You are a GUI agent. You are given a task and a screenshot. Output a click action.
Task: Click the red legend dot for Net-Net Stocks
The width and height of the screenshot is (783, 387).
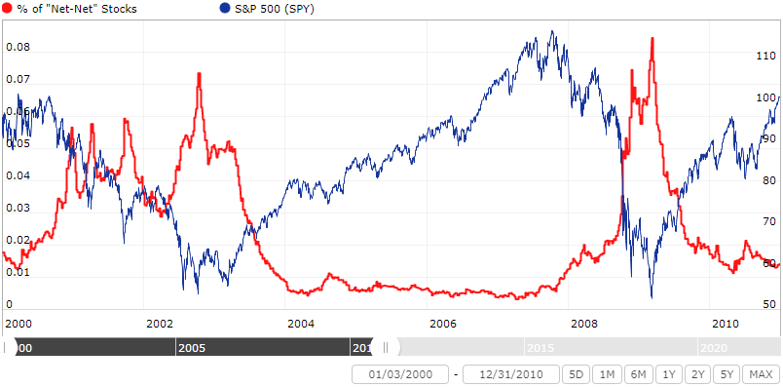click(8, 9)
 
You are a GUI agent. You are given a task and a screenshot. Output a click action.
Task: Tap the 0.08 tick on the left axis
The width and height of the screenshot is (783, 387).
click(18, 47)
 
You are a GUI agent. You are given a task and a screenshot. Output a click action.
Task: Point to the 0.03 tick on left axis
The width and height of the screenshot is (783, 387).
click(18, 209)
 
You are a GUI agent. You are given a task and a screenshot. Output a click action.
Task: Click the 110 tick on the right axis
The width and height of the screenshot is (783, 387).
click(766, 57)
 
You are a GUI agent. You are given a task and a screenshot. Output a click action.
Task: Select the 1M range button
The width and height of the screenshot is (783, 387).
click(607, 374)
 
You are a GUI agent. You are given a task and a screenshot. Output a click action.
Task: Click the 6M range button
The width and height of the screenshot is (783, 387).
click(638, 374)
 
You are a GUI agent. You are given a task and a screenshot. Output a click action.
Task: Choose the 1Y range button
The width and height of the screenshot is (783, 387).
click(668, 374)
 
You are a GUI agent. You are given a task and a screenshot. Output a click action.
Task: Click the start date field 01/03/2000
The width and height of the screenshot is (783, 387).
click(399, 374)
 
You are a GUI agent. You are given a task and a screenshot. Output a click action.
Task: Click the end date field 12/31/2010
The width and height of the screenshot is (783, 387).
click(510, 374)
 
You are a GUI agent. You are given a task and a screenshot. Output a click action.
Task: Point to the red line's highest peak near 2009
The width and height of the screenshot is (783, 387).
click(652, 38)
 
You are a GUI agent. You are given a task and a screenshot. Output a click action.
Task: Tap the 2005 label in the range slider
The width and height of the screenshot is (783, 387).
click(191, 347)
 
